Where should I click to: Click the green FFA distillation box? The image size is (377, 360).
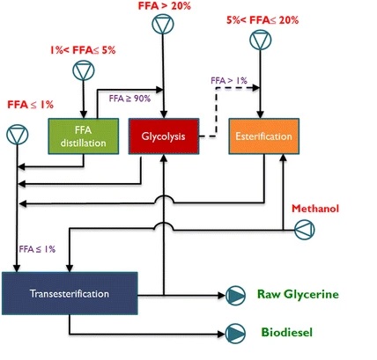click(84, 136)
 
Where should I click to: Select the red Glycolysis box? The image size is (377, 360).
click(164, 136)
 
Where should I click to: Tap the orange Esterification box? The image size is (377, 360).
click(264, 136)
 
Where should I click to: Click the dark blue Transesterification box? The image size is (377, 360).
click(70, 293)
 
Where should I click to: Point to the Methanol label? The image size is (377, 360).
click(315, 209)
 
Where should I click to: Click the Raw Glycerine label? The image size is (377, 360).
click(298, 294)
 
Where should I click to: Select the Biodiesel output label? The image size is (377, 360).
click(287, 333)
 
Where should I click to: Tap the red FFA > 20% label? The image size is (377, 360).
click(165, 6)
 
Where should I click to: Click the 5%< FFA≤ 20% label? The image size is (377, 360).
click(262, 20)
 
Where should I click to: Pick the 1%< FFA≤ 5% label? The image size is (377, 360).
click(83, 50)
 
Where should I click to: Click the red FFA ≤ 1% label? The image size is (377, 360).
click(31, 105)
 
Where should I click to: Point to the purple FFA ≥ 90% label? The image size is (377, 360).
click(129, 99)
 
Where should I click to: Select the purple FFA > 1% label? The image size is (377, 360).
click(229, 80)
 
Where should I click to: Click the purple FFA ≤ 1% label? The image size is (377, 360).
click(37, 249)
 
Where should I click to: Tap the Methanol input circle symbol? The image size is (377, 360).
click(305, 230)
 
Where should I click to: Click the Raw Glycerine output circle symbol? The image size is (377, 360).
click(235, 296)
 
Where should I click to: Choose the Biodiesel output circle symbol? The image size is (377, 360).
click(235, 334)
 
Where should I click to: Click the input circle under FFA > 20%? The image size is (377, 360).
click(163, 24)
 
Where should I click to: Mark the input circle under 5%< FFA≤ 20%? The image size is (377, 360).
click(261, 40)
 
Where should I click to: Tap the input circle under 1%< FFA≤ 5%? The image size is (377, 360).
click(84, 70)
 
